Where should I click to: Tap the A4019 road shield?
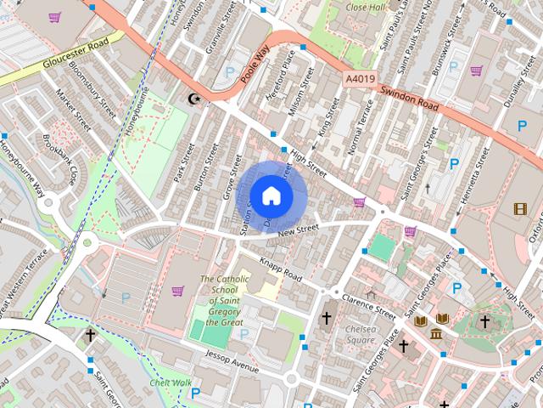click(x=361, y=78)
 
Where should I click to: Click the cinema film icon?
click(x=519, y=208)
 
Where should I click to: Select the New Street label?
click(x=297, y=229)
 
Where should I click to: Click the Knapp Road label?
click(x=281, y=270)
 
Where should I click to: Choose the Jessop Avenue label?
click(x=226, y=365)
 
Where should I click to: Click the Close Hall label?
click(x=367, y=7)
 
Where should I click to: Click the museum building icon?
click(x=436, y=333)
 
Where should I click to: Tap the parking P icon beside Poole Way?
click(x=229, y=75)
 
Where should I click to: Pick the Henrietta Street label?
click(x=475, y=180)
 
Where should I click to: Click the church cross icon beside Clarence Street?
click(x=326, y=318)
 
